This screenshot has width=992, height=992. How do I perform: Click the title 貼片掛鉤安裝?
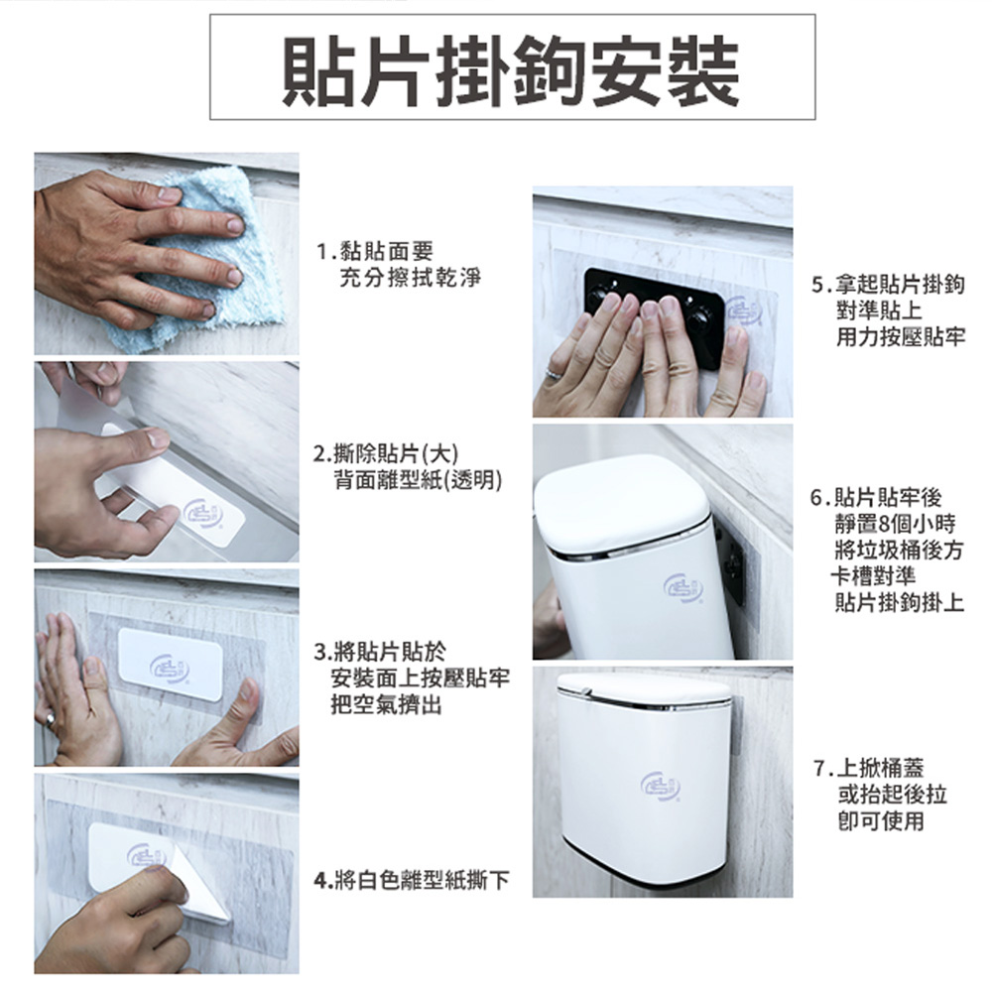[511, 68]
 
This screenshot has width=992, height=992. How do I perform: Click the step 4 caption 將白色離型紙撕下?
[412, 879]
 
